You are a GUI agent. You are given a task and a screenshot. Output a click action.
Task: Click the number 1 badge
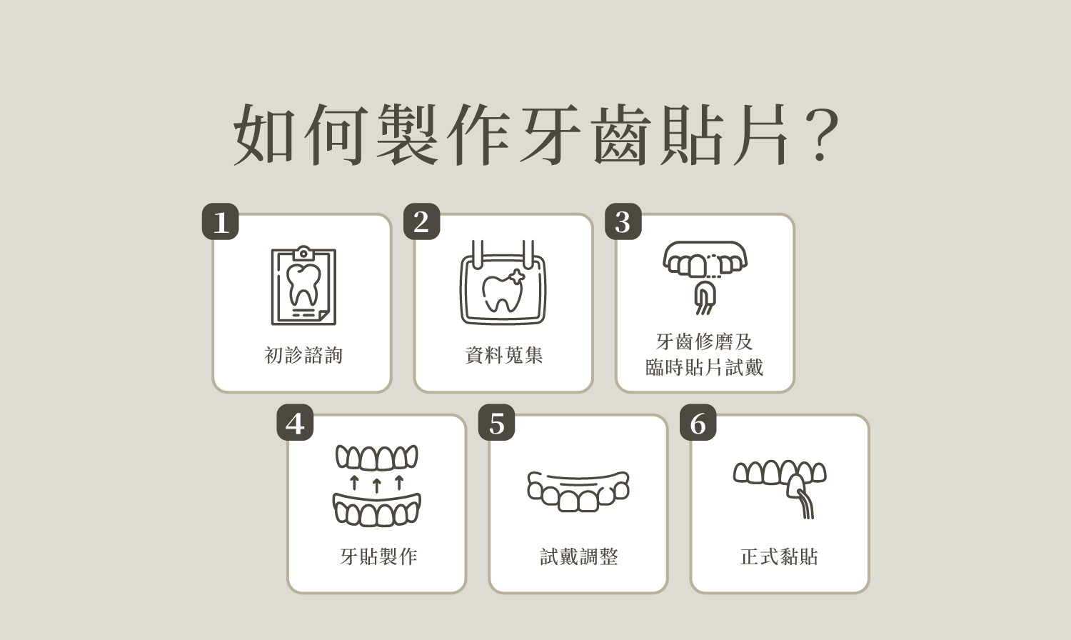(x=220, y=221)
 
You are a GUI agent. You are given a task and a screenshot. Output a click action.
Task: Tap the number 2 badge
(x=421, y=221)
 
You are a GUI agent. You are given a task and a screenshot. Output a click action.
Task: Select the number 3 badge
(x=623, y=221)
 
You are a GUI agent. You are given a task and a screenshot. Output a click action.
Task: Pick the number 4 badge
(x=295, y=423)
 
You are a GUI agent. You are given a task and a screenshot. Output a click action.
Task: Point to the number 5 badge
(x=496, y=423)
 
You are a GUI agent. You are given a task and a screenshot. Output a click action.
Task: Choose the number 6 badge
(x=698, y=423)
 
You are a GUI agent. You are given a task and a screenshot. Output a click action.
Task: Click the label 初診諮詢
(x=303, y=355)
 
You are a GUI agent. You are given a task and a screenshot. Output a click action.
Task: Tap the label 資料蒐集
(x=504, y=355)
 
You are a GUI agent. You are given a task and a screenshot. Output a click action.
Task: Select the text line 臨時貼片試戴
(x=705, y=368)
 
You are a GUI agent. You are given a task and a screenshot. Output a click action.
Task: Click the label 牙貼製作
(x=378, y=556)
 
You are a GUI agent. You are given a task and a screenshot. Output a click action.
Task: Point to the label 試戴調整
(x=579, y=556)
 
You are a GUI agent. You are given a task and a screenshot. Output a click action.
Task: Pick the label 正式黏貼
(x=780, y=556)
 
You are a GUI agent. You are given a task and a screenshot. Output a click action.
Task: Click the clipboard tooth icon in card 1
(x=303, y=286)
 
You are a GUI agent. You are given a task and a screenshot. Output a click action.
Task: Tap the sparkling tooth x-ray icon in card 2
(x=503, y=284)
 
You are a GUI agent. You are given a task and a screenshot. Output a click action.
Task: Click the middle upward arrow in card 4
(x=376, y=485)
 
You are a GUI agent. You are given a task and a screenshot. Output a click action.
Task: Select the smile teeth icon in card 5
(x=578, y=491)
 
